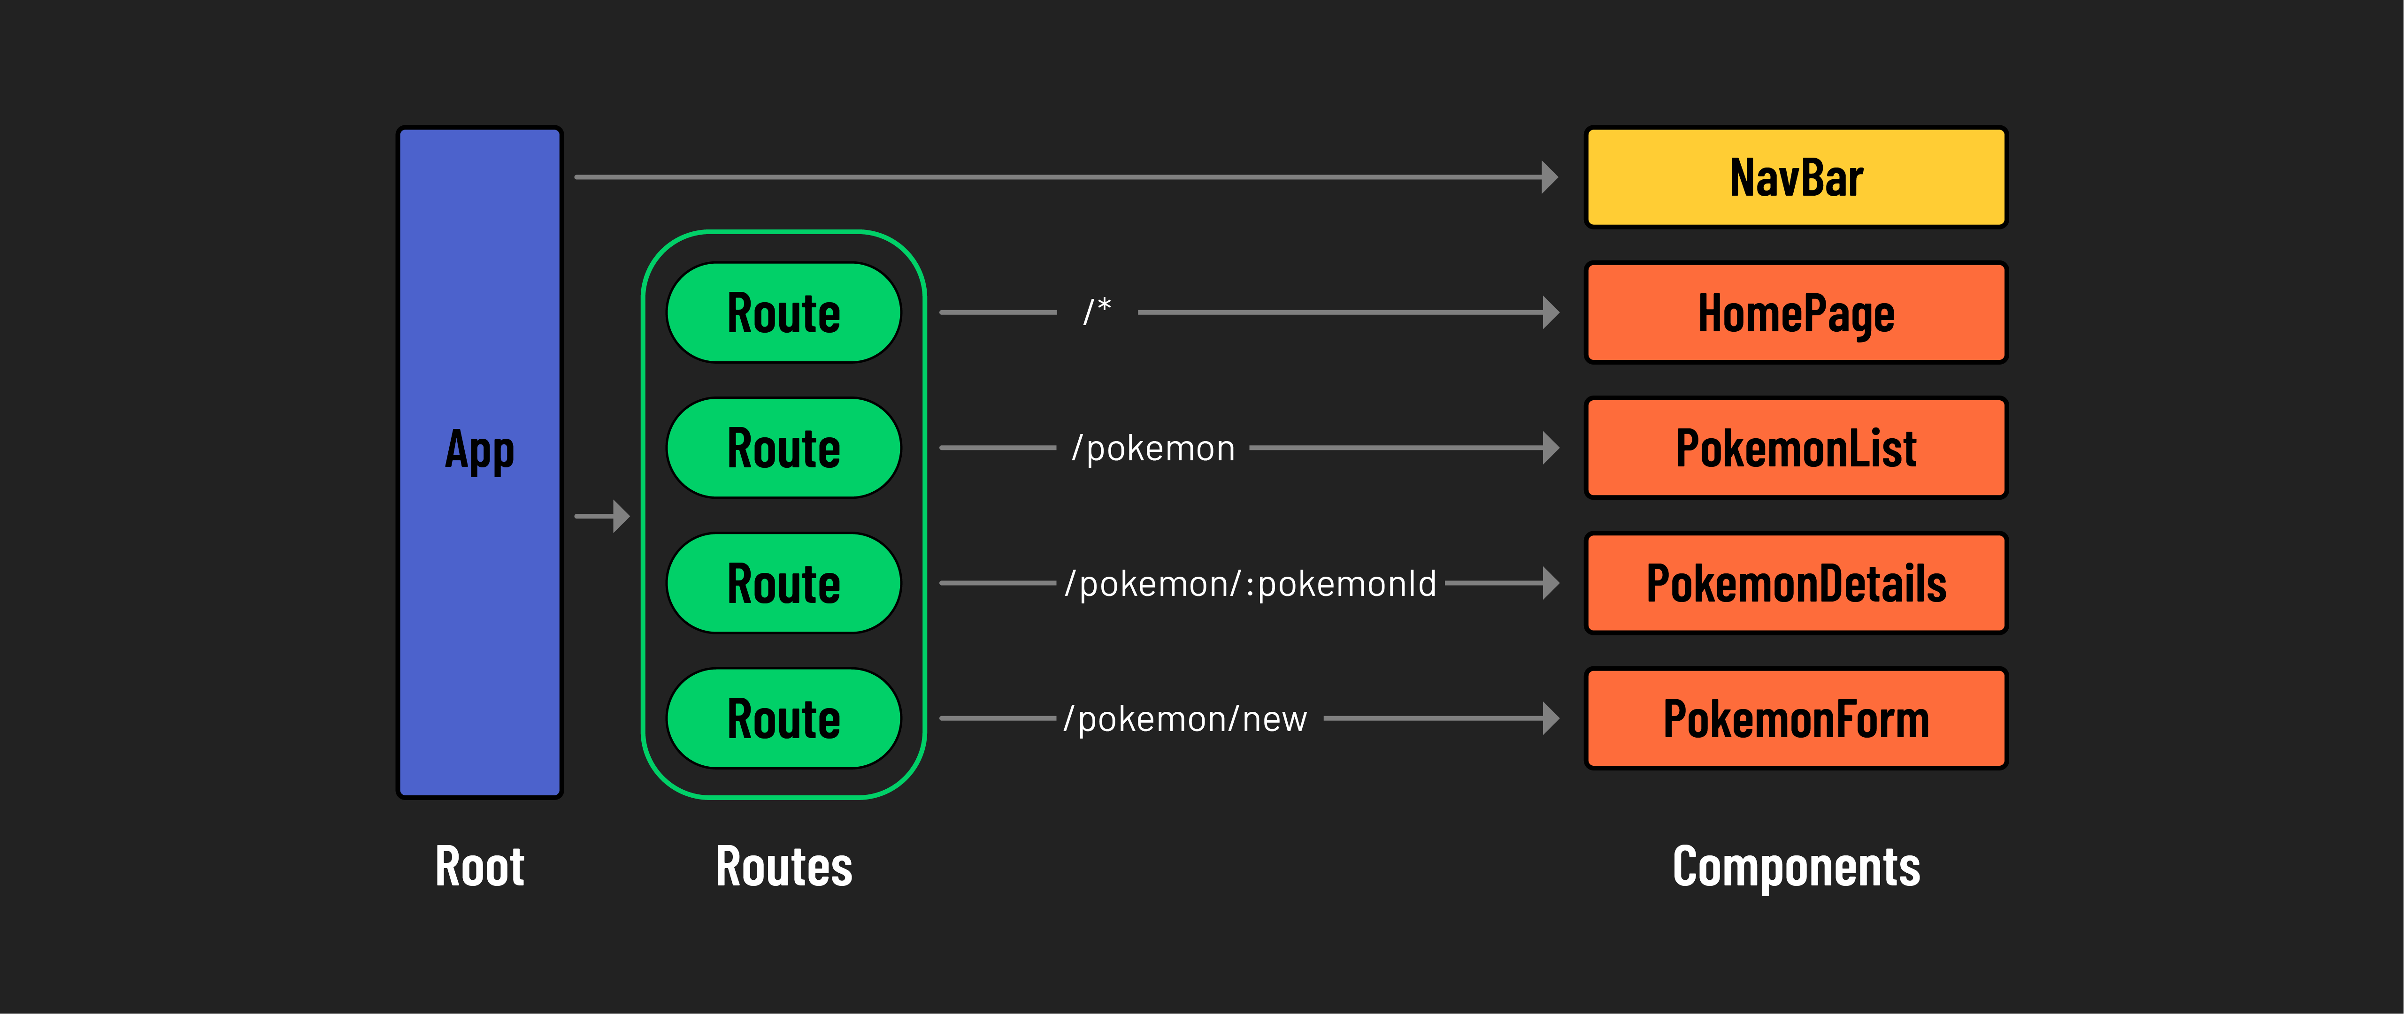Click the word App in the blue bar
click(x=480, y=450)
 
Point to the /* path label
click(x=1097, y=311)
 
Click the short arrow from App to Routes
click(x=602, y=516)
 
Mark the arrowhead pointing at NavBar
click(x=1549, y=177)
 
